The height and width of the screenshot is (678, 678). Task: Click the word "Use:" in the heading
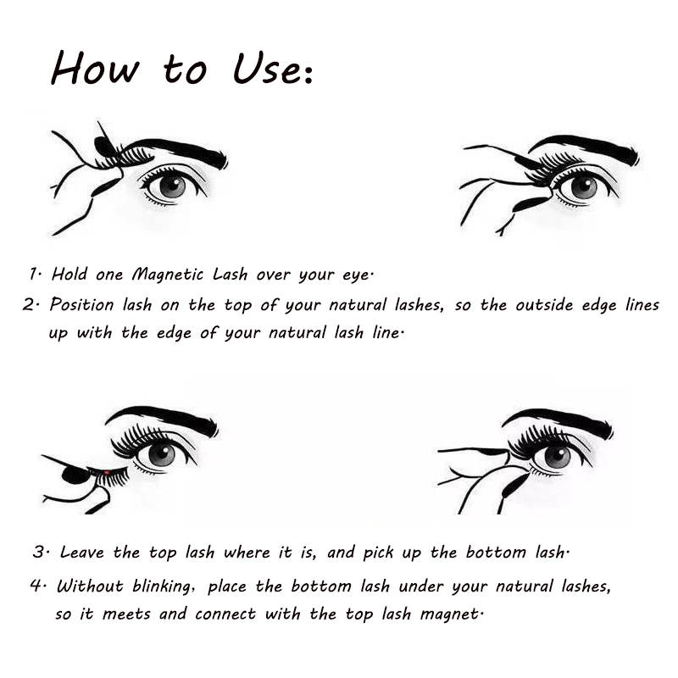click(273, 69)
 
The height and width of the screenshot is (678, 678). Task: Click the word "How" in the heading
click(95, 68)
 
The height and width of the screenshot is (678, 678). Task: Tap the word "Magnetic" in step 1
click(167, 275)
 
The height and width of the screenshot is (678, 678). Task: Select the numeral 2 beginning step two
click(30, 305)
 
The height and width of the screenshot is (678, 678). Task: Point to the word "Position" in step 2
click(81, 304)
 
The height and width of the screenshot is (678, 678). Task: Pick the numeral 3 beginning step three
click(39, 553)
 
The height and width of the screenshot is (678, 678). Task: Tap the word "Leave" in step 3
click(82, 553)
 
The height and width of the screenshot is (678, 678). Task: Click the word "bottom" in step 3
click(496, 553)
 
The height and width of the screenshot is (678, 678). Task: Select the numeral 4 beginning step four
click(36, 586)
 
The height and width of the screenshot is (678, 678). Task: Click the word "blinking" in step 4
click(161, 586)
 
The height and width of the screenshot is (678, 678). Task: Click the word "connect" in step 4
click(225, 614)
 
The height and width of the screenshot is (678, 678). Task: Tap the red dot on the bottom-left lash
click(107, 472)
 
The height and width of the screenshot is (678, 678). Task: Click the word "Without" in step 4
click(91, 586)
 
